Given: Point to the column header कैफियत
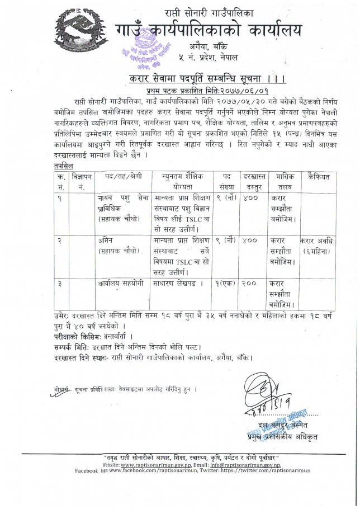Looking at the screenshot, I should point(319,176).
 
